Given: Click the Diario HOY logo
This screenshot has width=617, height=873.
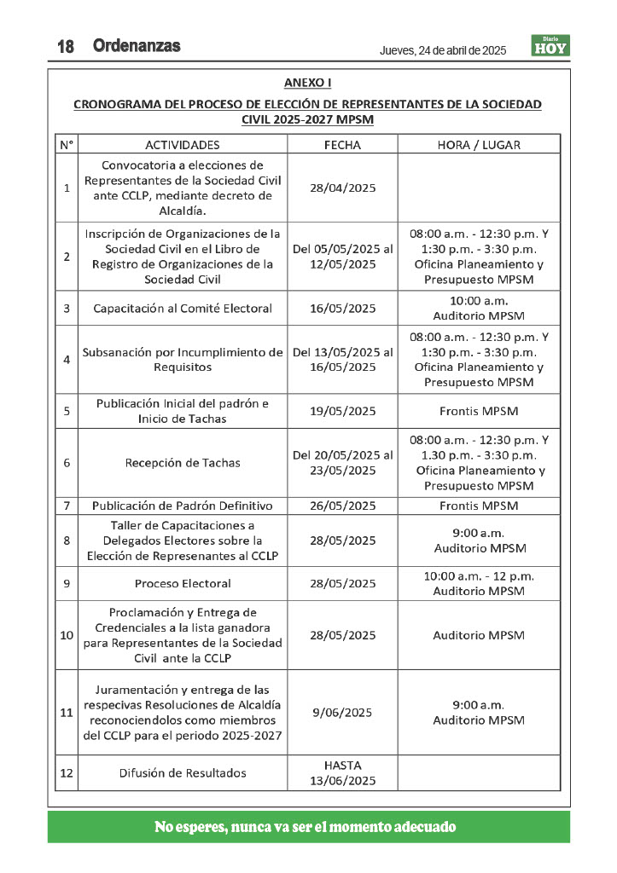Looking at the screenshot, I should tap(550, 46).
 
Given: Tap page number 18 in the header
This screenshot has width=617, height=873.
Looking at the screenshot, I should tap(66, 48).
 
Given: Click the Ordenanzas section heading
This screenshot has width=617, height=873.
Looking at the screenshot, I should tap(137, 46).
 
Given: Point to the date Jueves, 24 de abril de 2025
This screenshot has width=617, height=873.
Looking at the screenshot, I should tap(443, 50).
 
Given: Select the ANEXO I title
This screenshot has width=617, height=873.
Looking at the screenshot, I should tap(307, 83).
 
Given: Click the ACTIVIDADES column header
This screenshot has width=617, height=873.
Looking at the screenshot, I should tap(183, 145).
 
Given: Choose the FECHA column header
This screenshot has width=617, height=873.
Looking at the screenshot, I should tap(342, 145).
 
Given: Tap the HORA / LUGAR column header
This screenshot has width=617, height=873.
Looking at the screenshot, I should tap(479, 145).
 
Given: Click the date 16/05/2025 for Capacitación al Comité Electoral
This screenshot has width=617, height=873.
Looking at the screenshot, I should tap(342, 308).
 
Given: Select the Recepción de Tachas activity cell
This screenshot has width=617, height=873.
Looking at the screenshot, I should tap(183, 463).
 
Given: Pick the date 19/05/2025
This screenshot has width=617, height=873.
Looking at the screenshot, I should tap(342, 411).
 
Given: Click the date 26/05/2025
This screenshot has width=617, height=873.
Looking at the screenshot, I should tap(342, 506).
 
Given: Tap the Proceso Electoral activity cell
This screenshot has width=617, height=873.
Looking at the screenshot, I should tap(183, 584).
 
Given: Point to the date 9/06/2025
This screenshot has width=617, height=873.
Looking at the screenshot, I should tap(342, 713).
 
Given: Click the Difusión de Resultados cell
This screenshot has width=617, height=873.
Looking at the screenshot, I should tap(183, 773).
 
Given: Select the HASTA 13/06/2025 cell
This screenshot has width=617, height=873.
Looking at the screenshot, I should tap(342, 773).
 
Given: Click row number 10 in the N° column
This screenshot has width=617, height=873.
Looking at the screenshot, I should tap(67, 635).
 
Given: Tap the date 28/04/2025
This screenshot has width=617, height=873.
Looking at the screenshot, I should tap(342, 188).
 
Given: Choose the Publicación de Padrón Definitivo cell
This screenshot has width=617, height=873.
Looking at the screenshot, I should tap(183, 506).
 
